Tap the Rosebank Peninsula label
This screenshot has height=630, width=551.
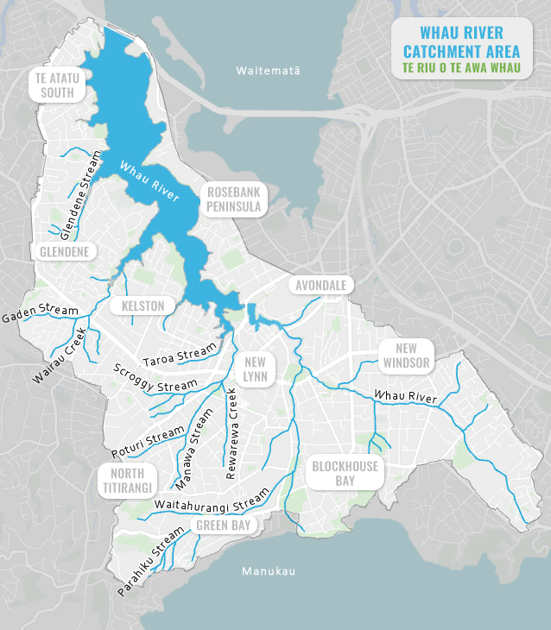pyautogui.click(x=233, y=198)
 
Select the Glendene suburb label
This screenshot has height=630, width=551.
pyautogui.click(x=64, y=251)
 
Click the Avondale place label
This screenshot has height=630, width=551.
pyautogui.click(x=320, y=285)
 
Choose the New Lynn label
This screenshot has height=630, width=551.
pyautogui.click(x=255, y=369)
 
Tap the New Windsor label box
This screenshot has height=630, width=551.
pyautogui.click(x=406, y=355)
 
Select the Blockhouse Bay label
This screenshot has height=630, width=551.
pyautogui.click(x=345, y=473)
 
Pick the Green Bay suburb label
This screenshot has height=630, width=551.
pyautogui.click(x=223, y=525)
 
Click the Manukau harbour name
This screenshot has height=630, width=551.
pyautogui.click(x=269, y=571)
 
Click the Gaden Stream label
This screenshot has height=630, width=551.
pyautogui.click(x=40, y=313)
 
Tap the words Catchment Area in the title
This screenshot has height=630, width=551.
pyautogui.click(x=461, y=50)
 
